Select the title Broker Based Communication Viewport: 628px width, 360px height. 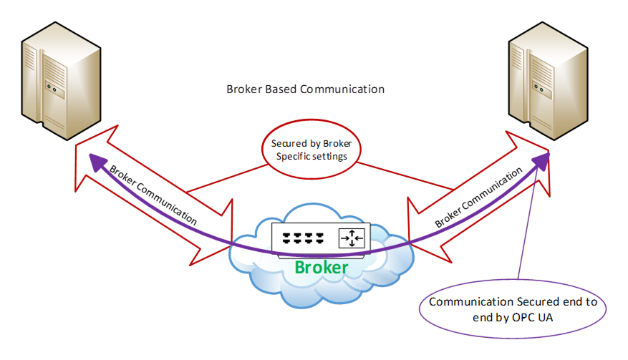[305, 89]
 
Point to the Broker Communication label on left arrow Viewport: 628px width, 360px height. [153, 195]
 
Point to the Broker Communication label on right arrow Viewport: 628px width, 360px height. [478, 198]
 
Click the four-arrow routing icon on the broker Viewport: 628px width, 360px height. [352, 237]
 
